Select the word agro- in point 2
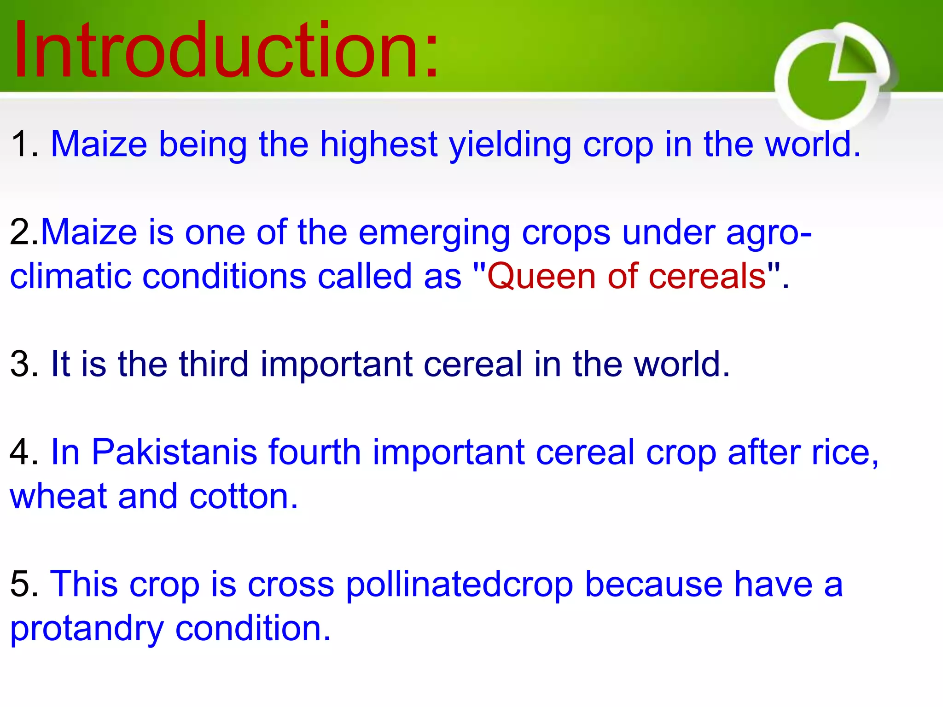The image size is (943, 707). pyautogui.click(x=768, y=233)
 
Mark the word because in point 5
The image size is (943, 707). pyautogui.click(x=653, y=585)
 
